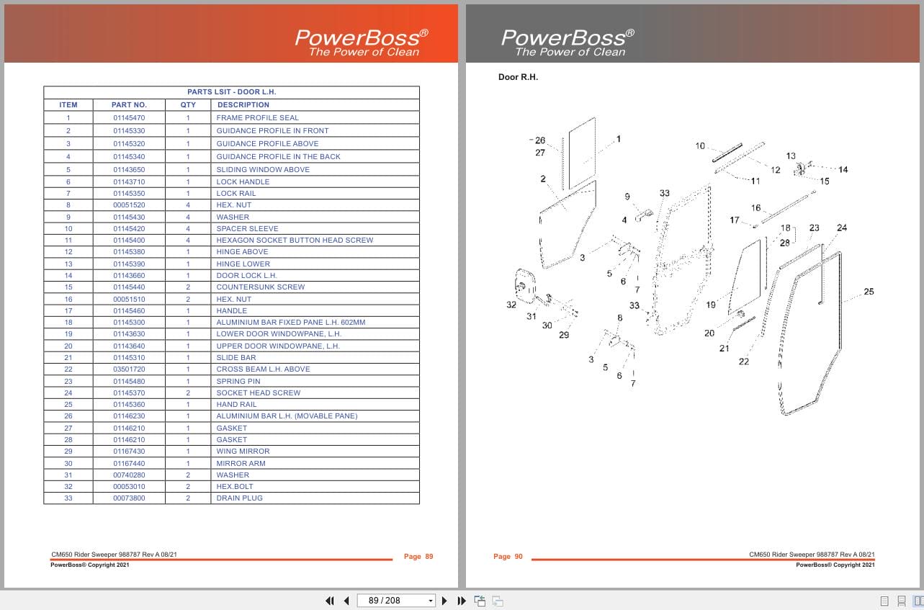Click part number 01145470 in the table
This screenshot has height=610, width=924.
point(129,117)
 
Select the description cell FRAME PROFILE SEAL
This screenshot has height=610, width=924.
point(257,117)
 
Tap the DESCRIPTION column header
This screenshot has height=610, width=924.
point(243,104)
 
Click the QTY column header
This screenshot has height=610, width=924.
point(188,104)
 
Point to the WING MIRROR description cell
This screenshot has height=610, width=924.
point(243,452)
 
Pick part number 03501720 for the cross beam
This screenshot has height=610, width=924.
point(129,369)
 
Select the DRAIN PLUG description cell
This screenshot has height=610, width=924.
point(239,498)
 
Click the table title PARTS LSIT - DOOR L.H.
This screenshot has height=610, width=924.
point(231,92)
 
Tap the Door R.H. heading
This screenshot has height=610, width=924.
point(518,77)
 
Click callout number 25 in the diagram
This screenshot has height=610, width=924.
point(869,292)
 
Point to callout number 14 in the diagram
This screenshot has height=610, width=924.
point(843,170)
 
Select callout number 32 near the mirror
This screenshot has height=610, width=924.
point(511,305)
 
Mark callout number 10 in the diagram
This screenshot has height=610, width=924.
point(700,146)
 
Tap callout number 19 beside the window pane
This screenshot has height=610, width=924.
point(711,305)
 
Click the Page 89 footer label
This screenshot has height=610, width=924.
point(418,557)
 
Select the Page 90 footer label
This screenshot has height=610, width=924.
point(508,557)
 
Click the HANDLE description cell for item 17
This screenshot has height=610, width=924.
point(231,311)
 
